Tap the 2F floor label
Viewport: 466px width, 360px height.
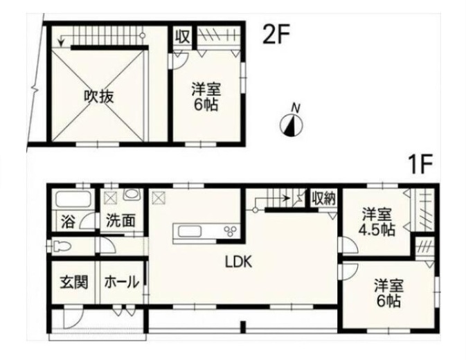276,35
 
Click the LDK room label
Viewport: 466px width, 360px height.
239,262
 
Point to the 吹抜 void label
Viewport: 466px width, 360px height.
99,96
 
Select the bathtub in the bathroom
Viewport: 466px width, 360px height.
73,199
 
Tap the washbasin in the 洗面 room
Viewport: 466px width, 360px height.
132,194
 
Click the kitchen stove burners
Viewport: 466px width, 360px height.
231,231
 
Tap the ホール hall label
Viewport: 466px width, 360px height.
122,282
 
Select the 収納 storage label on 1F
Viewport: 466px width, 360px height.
323,199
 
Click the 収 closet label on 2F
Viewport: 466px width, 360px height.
183,37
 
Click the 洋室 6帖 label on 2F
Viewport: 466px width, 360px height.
206,97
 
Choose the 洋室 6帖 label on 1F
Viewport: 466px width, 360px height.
388,293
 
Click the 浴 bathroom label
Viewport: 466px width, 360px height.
68,222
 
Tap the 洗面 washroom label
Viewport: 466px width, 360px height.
120,221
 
